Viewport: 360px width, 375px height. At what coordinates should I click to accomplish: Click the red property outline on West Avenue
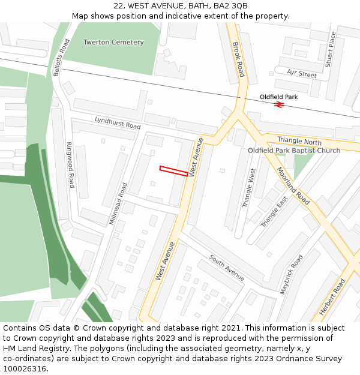coord(174,171)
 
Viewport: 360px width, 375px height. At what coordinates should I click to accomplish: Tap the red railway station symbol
coord(279,104)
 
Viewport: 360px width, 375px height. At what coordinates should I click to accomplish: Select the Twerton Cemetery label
coord(113,43)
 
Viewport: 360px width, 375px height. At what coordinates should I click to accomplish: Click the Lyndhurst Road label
coord(118,123)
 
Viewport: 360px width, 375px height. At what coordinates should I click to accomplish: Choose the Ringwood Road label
coord(70,165)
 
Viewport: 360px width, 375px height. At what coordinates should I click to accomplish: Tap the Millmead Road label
coord(118,204)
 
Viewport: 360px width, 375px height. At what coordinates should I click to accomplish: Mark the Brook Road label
coord(238,59)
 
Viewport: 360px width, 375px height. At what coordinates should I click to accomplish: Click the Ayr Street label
coord(301,74)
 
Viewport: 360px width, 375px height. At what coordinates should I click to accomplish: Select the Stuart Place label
coord(331,50)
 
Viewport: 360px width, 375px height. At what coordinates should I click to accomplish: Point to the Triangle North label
coord(299,142)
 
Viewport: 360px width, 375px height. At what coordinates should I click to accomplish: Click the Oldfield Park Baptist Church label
coord(294,151)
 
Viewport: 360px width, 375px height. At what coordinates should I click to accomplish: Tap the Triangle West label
coord(249,188)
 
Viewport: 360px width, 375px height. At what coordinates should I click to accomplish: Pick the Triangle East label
coord(274,212)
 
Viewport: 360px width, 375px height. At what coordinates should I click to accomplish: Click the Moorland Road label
coord(293,185)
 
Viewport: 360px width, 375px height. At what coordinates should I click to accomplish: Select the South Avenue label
coord(227,268)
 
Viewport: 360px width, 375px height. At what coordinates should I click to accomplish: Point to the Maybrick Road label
coord(292,274)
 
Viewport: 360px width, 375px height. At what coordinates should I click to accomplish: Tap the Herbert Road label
coord(334,296)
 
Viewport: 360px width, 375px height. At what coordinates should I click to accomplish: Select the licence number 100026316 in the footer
coord(25,368)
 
